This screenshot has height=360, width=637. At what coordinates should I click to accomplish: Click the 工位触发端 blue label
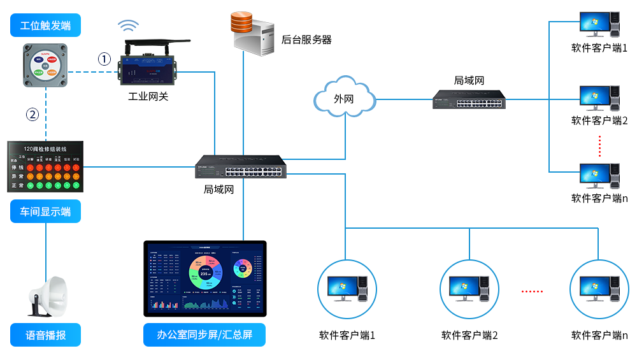[x=45, y=25]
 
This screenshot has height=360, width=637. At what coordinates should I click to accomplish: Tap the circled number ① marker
[x=104, y=59]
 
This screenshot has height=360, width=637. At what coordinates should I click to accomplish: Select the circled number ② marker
[x=32, y=115]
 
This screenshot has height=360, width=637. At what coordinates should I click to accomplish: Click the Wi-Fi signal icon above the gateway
[x=128, y=26]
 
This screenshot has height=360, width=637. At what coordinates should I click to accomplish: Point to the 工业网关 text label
[x=148, y=97]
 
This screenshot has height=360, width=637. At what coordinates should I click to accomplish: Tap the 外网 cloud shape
[x=343, y=98]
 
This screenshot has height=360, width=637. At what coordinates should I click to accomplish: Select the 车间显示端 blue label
[x=45, y=212]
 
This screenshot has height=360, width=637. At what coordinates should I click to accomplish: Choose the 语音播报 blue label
[x=45, y=335]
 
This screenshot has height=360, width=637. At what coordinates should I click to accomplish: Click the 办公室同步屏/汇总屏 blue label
[x=204, y=335]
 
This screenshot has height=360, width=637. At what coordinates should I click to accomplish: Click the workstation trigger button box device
[x=45, y=65]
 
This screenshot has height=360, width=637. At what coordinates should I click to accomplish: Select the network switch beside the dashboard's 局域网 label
[x=241, y=167]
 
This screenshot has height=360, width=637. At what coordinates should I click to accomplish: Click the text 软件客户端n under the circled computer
[x=599, y=335]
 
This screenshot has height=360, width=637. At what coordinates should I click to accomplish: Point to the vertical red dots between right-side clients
[x=599, y=146]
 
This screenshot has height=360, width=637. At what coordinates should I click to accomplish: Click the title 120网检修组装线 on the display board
[x=45, y=148]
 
